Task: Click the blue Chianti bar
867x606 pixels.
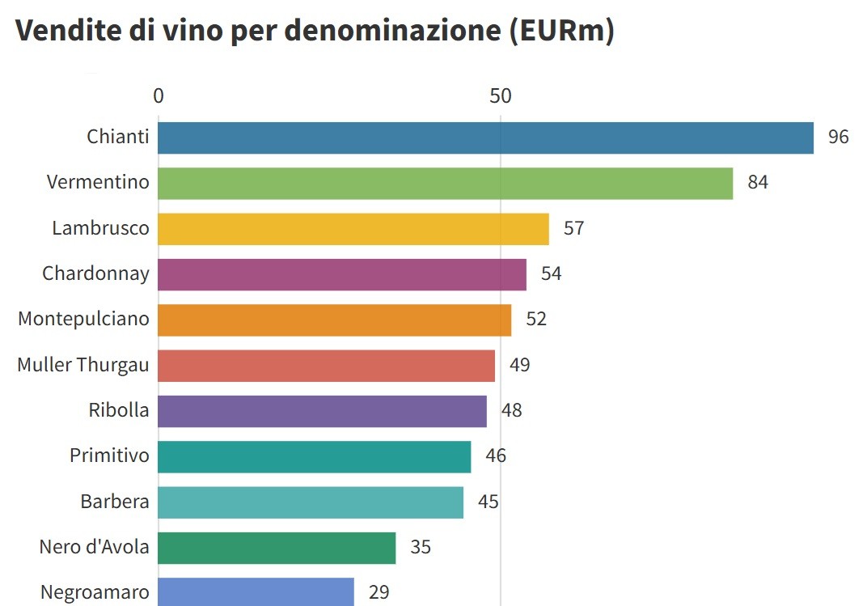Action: (485, 138)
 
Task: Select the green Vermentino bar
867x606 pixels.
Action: (445, 183)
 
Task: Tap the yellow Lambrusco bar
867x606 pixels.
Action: (353, 229)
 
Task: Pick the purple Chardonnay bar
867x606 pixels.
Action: (342, 274)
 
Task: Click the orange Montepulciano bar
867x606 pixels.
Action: (334, 320)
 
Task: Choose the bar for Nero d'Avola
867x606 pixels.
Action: (277, 548)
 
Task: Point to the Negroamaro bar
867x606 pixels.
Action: (256, 592)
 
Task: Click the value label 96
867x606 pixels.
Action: (839, 137)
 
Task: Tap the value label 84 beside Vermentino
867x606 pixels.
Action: (758, 182)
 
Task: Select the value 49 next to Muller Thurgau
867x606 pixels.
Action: (520, 365)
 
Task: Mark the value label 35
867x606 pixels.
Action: (421, 547)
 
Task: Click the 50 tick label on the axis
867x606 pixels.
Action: (501, 95)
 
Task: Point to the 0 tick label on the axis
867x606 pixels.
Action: (159, 95)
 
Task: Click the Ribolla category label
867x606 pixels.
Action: (119, 410)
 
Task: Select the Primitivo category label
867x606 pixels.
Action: (109, 456)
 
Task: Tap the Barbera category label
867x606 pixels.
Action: (115, 502)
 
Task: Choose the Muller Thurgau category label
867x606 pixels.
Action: (83, 365)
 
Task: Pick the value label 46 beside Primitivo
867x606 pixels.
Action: (496, 456)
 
